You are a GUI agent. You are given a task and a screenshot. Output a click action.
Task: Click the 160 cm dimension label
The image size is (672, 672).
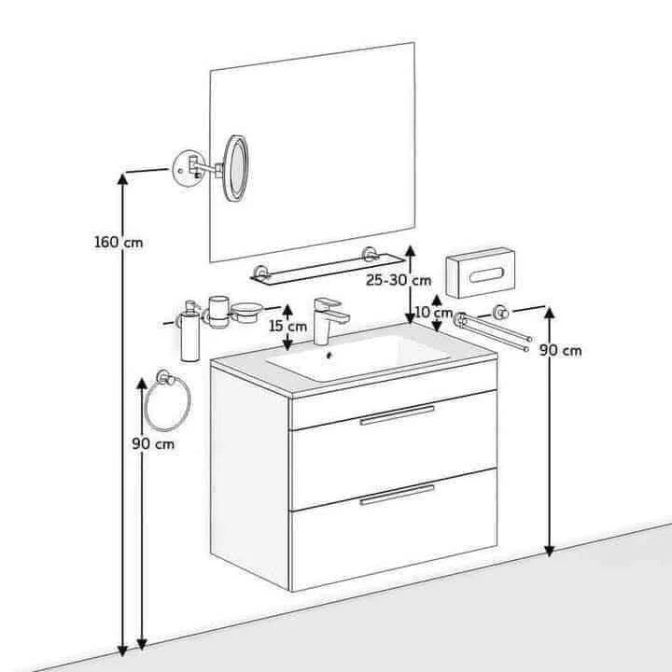119,242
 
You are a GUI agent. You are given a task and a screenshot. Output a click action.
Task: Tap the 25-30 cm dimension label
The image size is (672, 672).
399,280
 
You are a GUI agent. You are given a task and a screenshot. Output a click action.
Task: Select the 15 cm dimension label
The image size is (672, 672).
288,326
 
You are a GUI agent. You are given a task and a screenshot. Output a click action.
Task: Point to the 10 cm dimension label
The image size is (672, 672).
434,313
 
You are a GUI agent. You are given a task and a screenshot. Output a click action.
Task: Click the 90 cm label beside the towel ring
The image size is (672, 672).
153,443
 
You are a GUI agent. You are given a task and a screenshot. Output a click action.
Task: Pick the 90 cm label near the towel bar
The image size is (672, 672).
560,350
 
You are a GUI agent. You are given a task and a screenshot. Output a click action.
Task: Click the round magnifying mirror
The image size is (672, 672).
235,168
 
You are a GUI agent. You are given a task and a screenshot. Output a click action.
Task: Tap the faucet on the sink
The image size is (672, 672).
329,320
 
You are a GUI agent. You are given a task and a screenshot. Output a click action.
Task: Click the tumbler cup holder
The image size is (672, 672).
218,312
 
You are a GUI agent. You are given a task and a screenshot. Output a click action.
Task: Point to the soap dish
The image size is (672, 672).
246,312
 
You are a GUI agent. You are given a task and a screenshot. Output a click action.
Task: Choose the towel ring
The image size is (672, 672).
168,404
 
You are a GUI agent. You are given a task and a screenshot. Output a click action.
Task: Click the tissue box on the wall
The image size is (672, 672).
480,273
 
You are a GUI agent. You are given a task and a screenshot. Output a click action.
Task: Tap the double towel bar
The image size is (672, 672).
494,329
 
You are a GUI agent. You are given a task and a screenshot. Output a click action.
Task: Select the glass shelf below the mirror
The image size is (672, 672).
328,269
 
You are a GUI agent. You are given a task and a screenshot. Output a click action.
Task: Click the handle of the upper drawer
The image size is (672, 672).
398,414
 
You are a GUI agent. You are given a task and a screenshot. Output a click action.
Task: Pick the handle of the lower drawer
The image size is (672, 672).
398,495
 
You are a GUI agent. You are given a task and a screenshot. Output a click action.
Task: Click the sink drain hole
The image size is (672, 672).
329,355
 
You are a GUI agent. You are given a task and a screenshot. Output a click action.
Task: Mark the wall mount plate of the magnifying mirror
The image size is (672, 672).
188,168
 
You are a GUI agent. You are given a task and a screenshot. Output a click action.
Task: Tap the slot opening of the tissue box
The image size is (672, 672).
486,275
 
